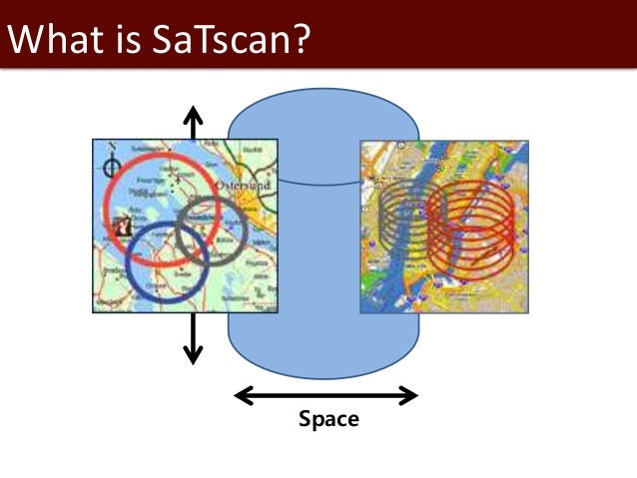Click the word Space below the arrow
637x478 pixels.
(328, 419)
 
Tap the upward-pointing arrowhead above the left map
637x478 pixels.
(192, 111)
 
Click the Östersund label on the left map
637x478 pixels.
(240, 160)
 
